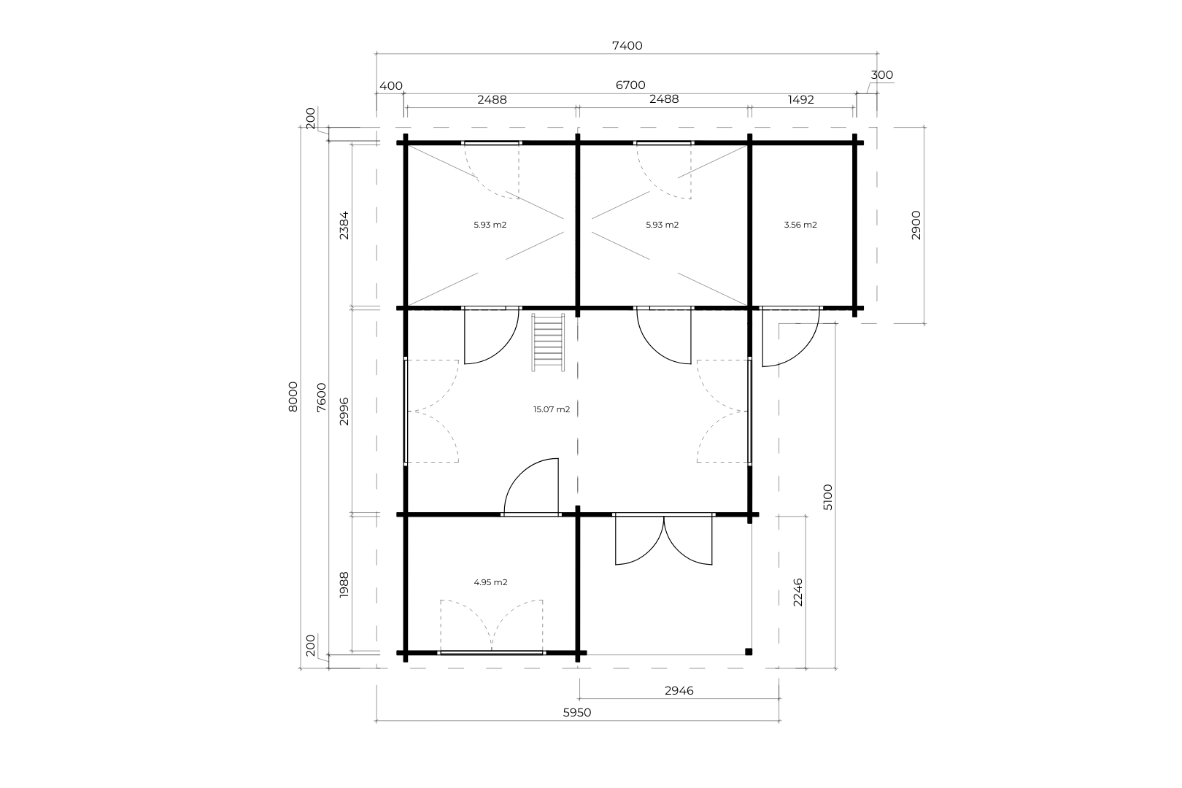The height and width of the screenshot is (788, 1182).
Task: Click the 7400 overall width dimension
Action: click(627, 46)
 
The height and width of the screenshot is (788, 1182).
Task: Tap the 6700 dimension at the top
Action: click(630, 85)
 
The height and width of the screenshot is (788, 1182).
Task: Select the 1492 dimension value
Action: click(800, 99)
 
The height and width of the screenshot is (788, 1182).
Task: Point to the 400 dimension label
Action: click(391, 85)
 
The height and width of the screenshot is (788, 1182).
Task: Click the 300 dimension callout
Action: click(881, 75)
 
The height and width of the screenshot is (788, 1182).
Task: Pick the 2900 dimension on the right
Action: click(916, 225)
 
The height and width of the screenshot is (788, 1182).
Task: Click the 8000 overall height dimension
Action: click(293, 396)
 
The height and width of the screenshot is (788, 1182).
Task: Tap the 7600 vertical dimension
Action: click(321, 398)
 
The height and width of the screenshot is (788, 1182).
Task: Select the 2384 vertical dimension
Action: click(344, 225)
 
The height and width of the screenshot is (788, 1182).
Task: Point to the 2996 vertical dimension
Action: click(344, 412)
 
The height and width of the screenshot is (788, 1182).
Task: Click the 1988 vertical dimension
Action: click(344, 585)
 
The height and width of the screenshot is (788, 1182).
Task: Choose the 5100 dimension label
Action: click(828, 497)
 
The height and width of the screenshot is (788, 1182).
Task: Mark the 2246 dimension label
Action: click(798, 592)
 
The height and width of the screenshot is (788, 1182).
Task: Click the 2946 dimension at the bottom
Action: click(679, 690)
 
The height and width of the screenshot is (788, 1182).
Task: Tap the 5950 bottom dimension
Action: click(577, 713)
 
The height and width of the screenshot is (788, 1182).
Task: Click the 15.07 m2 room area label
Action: click(552, 409)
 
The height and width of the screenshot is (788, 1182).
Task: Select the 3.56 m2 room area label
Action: click(800, 224)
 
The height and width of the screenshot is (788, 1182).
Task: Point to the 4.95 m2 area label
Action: click(491, 582)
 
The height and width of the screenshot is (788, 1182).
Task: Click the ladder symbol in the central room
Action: click(548, 342)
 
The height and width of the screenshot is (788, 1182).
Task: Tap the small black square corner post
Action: click(749, 652)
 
